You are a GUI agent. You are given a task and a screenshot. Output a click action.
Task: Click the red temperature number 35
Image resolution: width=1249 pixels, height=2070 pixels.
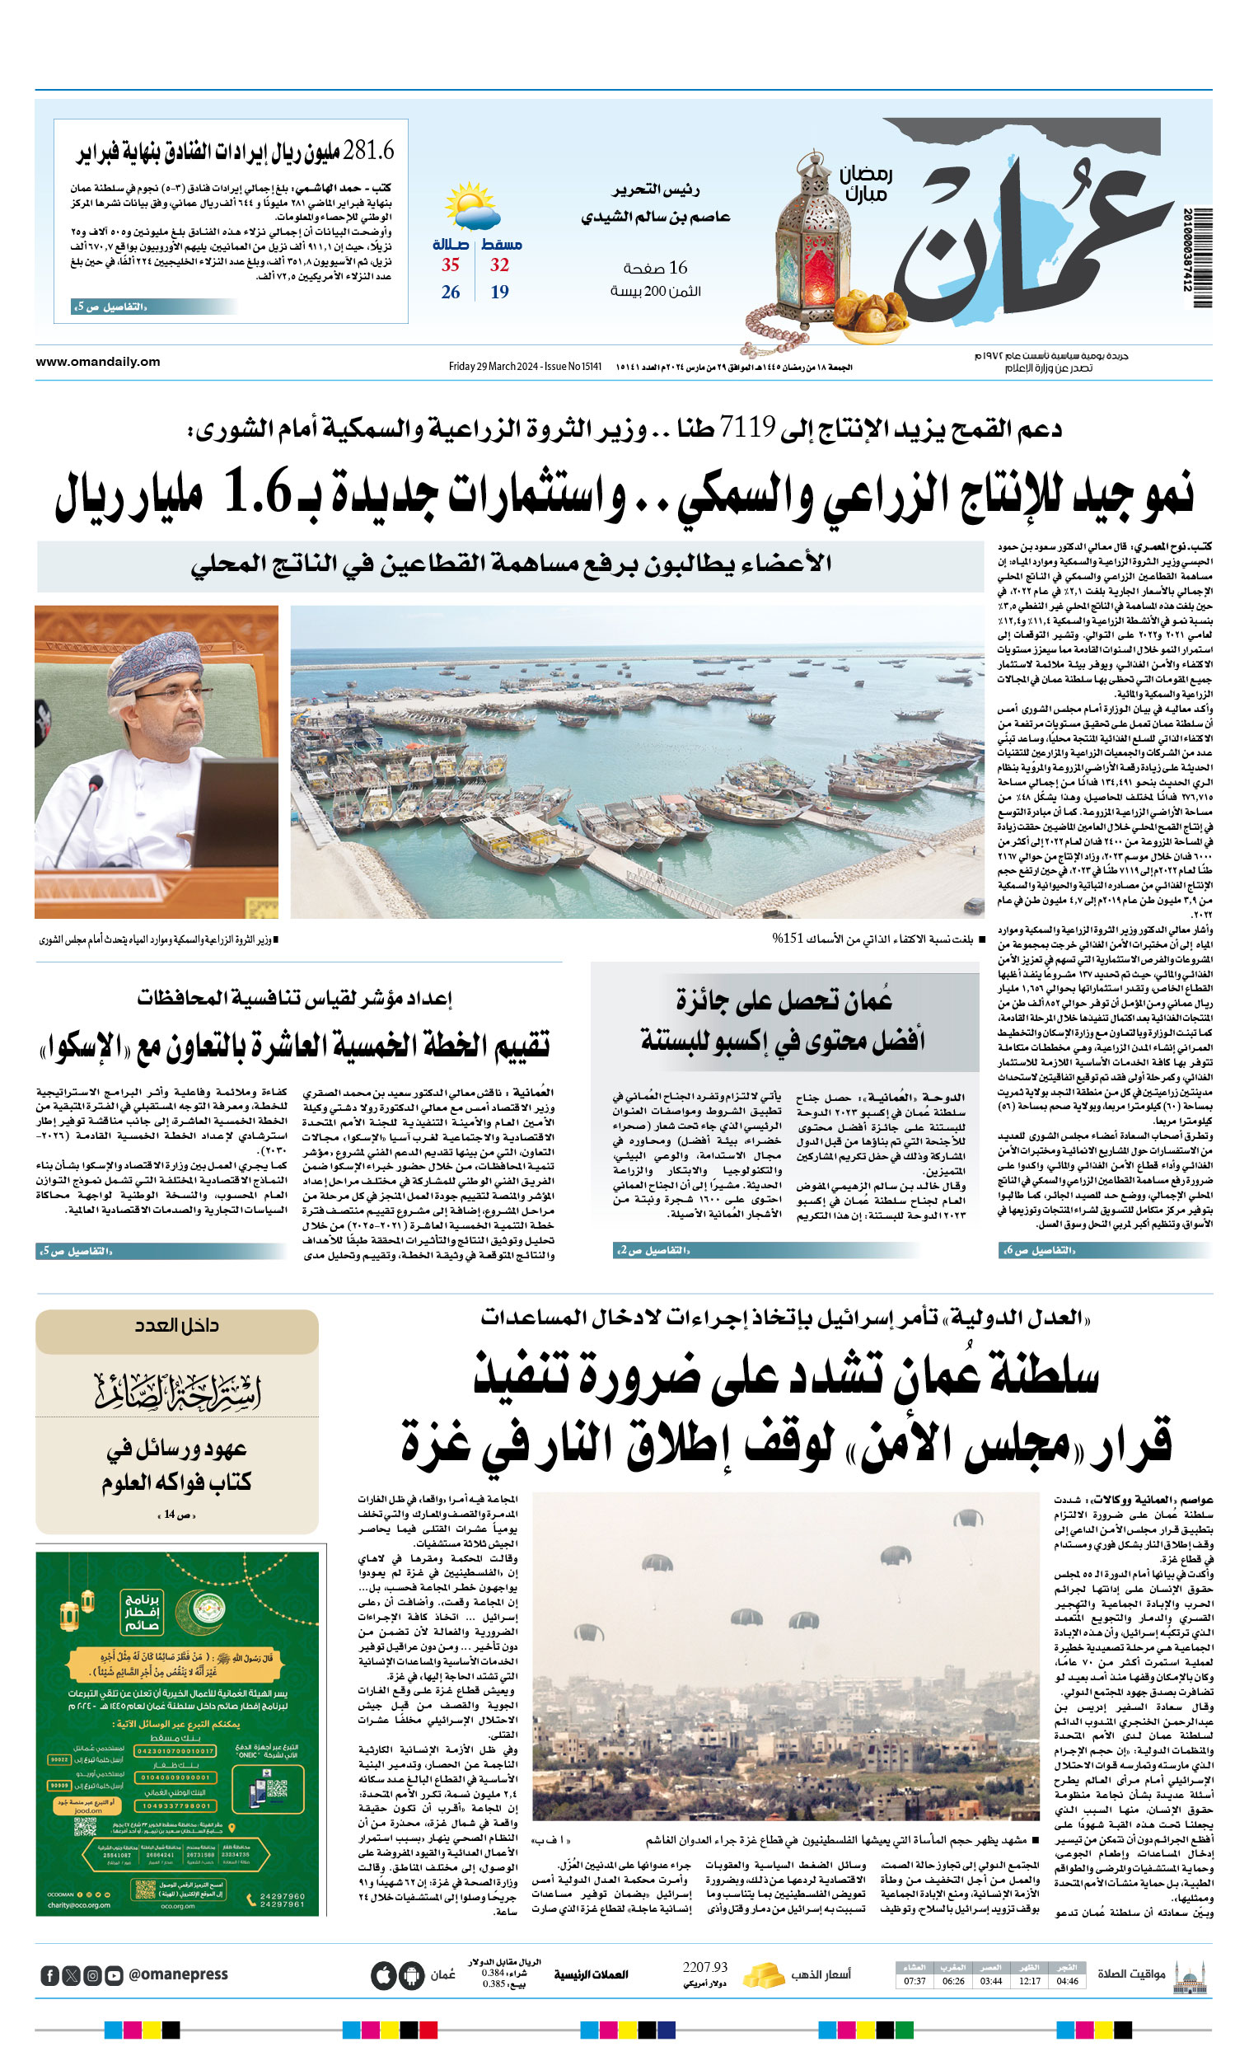[x=450, y=265]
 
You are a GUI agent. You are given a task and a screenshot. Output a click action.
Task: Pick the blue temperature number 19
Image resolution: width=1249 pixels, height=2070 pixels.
[x=500, y=293]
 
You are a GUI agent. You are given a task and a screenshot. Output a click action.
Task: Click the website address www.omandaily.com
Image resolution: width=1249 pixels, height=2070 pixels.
[x=97, y=362]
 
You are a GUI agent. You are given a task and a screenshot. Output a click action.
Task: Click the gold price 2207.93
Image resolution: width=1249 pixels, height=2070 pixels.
[x=704, y=1968]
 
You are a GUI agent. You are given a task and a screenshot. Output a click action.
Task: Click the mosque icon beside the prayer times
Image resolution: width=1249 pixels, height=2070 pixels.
[x=1190, y=1974]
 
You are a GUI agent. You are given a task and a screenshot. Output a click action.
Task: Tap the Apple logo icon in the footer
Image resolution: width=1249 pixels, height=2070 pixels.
[x=384, y=1975]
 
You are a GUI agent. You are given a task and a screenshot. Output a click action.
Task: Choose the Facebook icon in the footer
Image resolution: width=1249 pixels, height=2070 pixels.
[x=49, y=1975]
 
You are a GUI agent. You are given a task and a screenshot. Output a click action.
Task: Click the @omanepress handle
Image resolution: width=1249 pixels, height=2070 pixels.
[x=178, y=1974]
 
